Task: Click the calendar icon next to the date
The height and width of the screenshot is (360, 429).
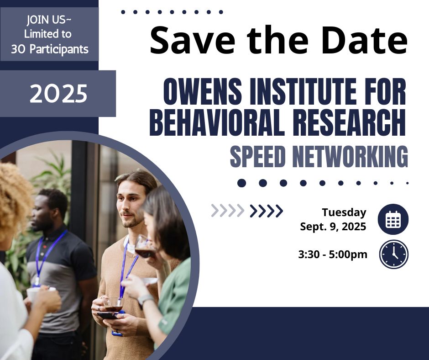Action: (393, 219)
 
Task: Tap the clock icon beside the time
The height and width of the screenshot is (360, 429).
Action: (394, 254)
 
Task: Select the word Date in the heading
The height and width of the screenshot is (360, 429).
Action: (364, 40)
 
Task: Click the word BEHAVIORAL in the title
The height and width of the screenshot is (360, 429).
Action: (216, 122)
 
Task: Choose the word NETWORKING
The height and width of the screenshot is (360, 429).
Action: (350, 157)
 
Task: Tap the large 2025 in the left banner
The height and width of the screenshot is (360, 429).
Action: (58, 93)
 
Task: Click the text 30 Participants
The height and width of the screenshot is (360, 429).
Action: (50, 49)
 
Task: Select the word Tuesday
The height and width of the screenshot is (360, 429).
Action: (344, 212)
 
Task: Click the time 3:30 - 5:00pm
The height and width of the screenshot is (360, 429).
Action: (333, 254)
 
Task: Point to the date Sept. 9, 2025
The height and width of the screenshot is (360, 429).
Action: (333, 227)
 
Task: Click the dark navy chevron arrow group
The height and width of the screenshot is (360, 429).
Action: (267, 211)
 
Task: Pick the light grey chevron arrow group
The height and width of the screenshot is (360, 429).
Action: (228, 211)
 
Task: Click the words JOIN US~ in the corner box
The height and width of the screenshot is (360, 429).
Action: (49, 20)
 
